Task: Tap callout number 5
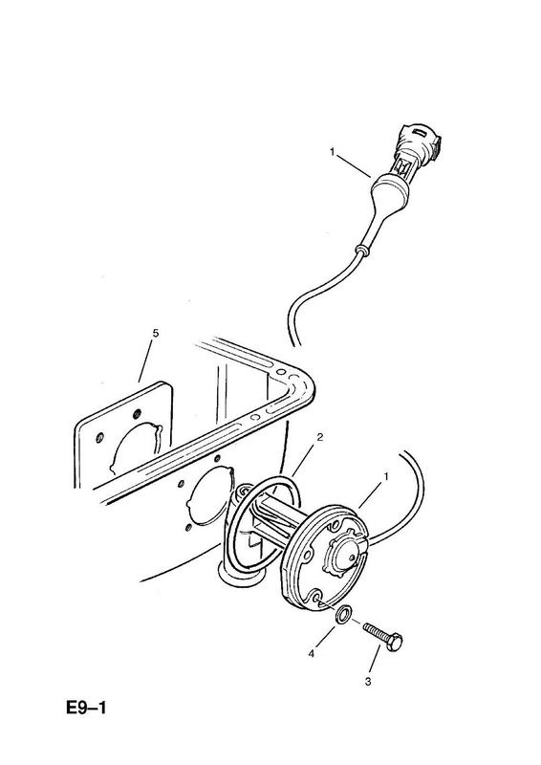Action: click(156, 333)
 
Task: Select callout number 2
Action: click(320, 437)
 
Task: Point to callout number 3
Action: click(368, 682)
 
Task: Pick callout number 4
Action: click(311, 654)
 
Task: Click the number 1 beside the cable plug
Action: click(333, 152)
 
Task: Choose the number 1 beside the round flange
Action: click(386, 475)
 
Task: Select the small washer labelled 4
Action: click(343, 614)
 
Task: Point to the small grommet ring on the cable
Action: click(360, 251)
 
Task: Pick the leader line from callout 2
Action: click(303, 459)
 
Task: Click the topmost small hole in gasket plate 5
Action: click(136, 412)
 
